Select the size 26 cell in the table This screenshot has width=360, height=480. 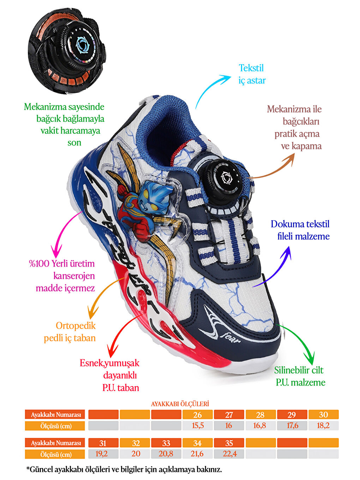[197, 415]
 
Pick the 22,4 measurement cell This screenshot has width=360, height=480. [229, 454]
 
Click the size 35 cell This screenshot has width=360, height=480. [229, 443]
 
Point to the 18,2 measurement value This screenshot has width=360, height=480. [323, 426]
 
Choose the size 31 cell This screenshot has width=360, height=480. [103, 443]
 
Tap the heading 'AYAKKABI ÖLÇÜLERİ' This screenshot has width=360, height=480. [180, 404]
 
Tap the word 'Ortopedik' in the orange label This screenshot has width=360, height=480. [76, 325]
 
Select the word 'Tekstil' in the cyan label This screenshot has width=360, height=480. [251, 68]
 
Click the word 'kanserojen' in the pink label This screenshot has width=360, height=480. [74, 276]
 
